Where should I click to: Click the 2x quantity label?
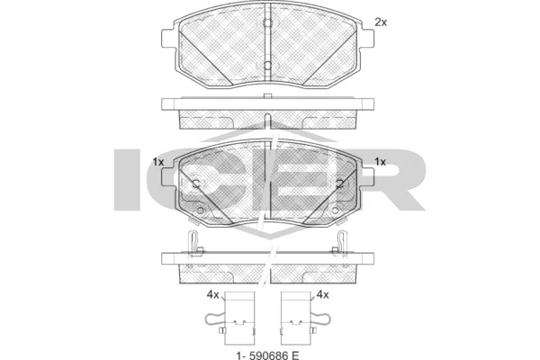(381, 22)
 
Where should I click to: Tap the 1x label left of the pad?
(158, 162)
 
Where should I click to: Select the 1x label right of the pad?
(380, 162)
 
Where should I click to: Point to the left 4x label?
(212, 295)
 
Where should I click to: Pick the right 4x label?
(322, 295)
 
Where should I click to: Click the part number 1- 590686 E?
(267, 355)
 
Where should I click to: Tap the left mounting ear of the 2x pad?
(168, 40)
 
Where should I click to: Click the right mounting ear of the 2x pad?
(367, 39)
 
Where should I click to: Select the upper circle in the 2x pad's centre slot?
(267, 23)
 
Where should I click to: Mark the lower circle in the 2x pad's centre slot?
(267, 66)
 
